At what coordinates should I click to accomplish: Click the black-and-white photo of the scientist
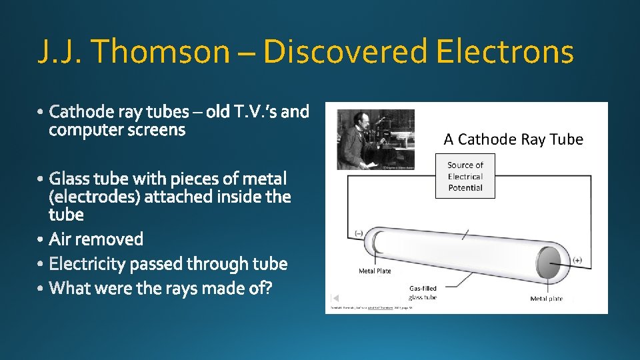point(376,139)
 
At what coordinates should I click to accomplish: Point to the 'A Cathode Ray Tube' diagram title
point(513,139)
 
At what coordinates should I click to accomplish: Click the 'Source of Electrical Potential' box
point(465,176)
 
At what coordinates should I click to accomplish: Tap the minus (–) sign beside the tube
point(359,233)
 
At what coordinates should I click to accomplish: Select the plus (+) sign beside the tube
point(577,260)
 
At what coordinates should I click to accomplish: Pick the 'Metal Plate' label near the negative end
point(375,271)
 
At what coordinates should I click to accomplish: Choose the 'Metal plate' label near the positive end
point(546,299)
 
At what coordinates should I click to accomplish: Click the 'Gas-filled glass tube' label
point(423,293)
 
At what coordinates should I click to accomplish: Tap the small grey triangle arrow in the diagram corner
point(335,298)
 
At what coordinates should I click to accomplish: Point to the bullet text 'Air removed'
point(96,239)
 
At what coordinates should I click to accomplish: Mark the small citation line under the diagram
point(370,309)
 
